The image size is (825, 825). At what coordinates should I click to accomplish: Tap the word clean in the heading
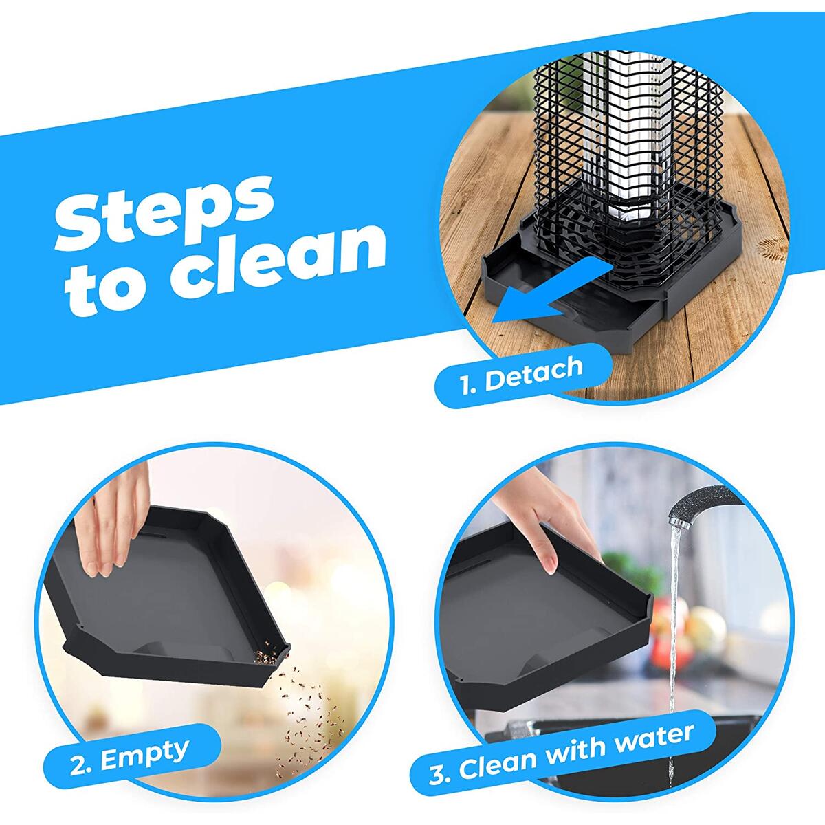pos(278,266)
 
